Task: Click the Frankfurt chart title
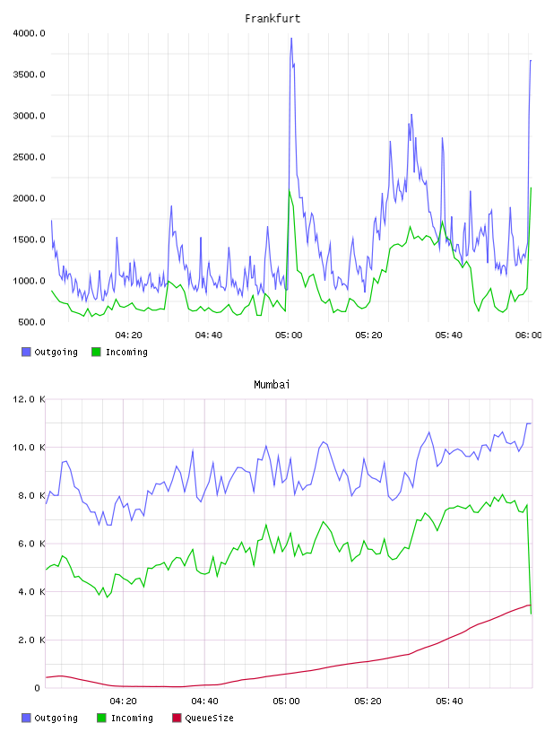click(x=272, y=19)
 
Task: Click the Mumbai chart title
click(x=272, y=385)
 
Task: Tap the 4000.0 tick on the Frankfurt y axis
click(x=29, y=33)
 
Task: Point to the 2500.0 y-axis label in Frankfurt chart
click(x=29, y=157)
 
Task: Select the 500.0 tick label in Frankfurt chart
click(x=31, y=322)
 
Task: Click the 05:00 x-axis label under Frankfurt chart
click(x=289, y=335)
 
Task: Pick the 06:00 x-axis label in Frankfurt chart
click(x=529, y=335)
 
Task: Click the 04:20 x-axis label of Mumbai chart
click(x=123, y=701)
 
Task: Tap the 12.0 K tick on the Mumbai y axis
click(x=29, y=399)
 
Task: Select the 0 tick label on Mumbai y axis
click(x=38, y=688)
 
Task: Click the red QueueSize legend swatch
click(x=177, y=718)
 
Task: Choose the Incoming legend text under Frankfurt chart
click(x=126, y=352)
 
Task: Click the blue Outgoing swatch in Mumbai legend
click(x=26, y=718)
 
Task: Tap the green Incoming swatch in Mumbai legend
click(x=101, y=718)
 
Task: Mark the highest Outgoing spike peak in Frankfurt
click(x=291, y=39)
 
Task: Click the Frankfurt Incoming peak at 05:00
click(x=290, y=190)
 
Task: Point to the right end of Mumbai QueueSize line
click(x=531, y=605)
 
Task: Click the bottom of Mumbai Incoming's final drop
click(x=531, y=614)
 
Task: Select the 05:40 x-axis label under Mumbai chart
click(x=449, y=701)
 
